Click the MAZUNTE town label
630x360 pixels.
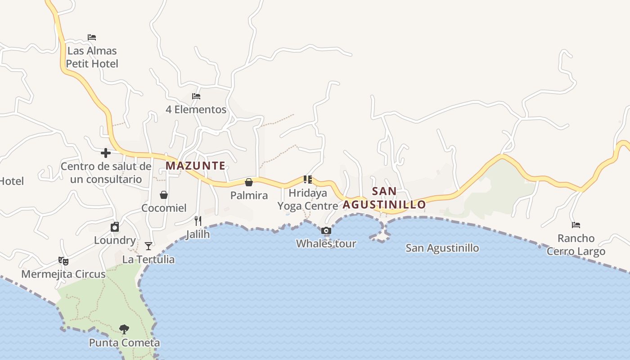195,166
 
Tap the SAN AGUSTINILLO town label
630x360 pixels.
384,198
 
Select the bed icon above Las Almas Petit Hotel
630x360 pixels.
92,37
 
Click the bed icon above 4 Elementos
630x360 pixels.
196,96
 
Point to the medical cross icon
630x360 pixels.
106,153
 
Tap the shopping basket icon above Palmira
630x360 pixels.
249,182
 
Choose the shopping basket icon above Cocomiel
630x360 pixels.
164,195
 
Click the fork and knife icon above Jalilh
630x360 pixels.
198,221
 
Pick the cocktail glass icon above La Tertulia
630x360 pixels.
148,246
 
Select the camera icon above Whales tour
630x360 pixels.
326,231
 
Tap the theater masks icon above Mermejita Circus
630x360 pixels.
63,261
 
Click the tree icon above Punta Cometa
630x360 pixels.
124,329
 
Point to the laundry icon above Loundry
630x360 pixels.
115,227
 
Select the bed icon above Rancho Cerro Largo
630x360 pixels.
576,225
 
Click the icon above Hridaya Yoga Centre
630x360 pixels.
308,180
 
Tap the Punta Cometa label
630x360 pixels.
124,343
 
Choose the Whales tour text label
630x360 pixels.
326,244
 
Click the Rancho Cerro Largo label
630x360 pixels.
576,245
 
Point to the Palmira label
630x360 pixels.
249,195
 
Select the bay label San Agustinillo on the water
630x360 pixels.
442,248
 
